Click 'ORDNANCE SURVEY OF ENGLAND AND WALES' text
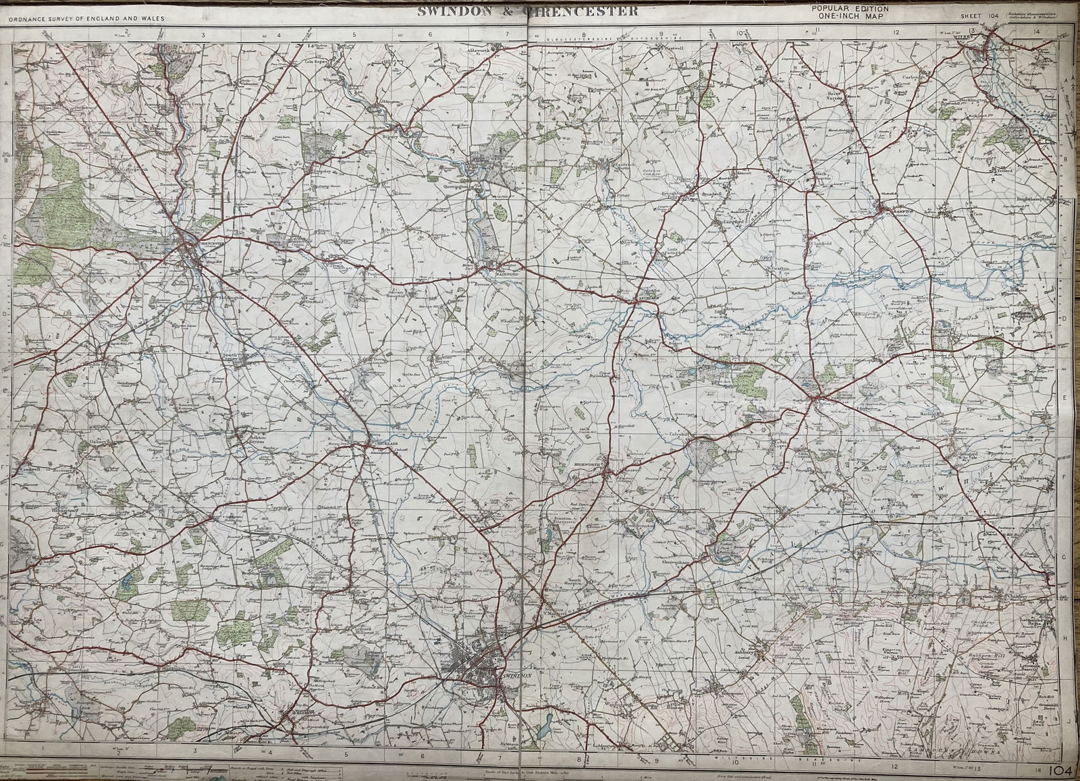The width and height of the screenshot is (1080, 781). [x=76, y=16]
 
